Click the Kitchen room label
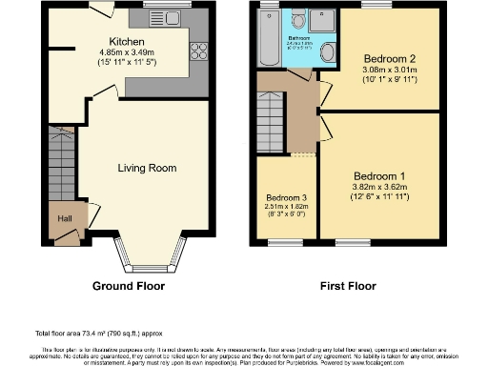[127, 42]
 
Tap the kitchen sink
[155, 16]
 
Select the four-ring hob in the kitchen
[200, 52]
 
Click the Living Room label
[147, 168]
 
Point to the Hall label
[64, 217]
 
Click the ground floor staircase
[61, 162]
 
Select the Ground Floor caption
[128, 286]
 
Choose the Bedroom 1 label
[379, 176]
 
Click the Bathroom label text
[301, 38]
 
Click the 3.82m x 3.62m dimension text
[379, 188]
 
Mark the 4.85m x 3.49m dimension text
[127, 53]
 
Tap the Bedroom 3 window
[284, 242]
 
